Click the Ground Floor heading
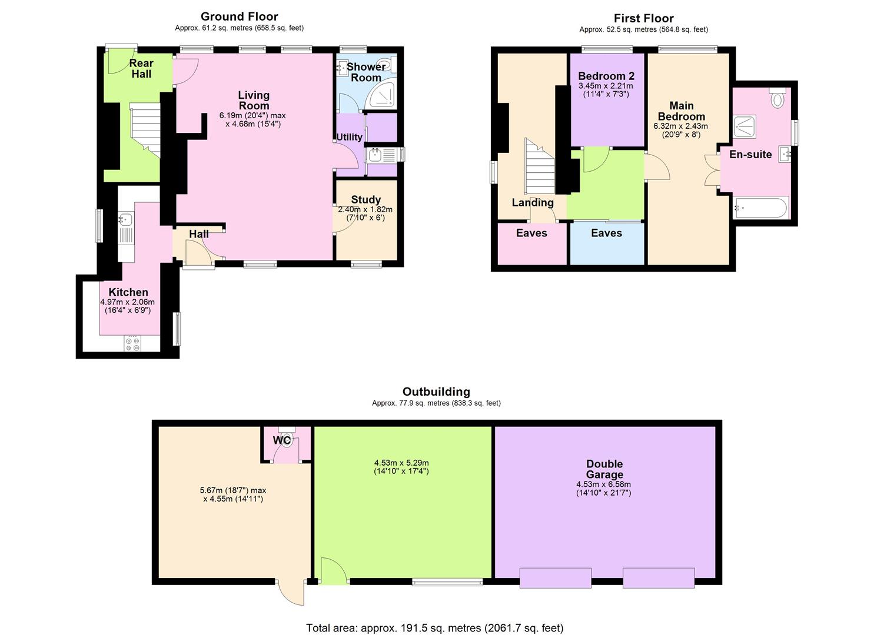[x=239, y=16]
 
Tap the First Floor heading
[x=643, y=18]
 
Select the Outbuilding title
[x=436, y=392]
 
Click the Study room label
[x=365, y=199]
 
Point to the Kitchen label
[x=128, y=292]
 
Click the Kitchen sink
[x=125, y=219]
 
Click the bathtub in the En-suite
[x=760, y=208]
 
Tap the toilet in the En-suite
[x=777, y=97]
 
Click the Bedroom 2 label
[x=606, y=76]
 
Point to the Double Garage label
[x=604, y=469]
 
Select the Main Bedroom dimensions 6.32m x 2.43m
[x=681, y=126]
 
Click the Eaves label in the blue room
[x=606, y=233]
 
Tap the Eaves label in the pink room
[x=531, y=233]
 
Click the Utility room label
[x=349, y=137]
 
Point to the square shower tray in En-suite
[x=745, y=126]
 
